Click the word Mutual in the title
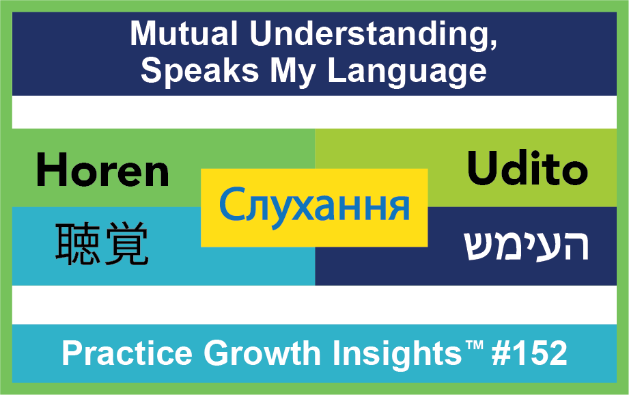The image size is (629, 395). click(184, 33)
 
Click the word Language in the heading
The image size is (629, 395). click(407, 72)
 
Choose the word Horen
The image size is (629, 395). click(102, 171)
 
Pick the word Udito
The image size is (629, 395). click(527, 168)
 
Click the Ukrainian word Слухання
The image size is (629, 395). click(314, 206)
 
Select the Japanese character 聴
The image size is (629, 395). click(77, 245)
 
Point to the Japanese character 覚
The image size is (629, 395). click(127, 245)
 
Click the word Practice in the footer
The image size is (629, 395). click(127, 353)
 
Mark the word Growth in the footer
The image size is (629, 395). click(262, 353)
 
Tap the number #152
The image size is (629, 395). click(529, 353)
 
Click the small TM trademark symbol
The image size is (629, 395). click(474, 345)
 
